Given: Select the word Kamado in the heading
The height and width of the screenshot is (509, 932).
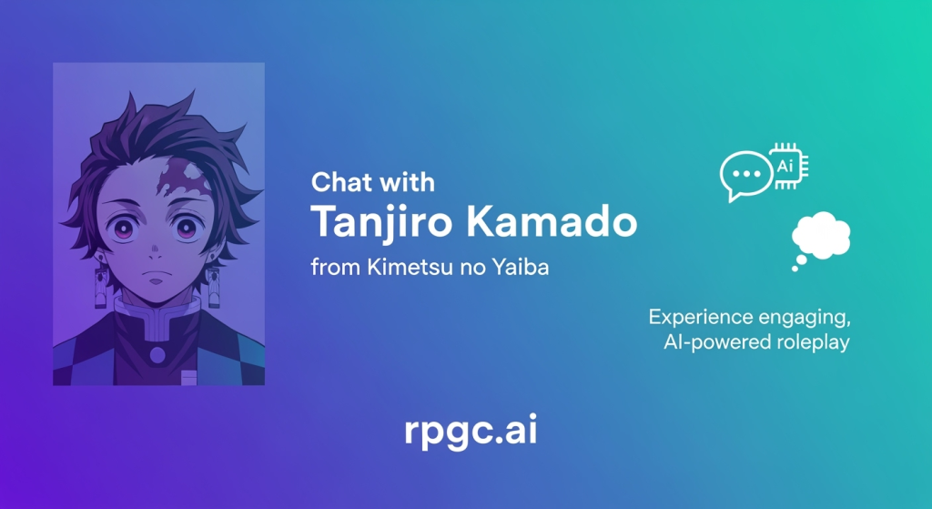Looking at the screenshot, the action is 552,221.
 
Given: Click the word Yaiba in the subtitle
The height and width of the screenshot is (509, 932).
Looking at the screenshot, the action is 520,267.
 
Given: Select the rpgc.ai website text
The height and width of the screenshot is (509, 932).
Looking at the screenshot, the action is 471,431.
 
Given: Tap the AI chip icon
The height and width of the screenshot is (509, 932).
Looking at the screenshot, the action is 787,166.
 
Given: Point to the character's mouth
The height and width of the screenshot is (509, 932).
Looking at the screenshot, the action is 156,280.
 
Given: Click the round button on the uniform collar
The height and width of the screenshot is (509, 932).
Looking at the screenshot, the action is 157,356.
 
